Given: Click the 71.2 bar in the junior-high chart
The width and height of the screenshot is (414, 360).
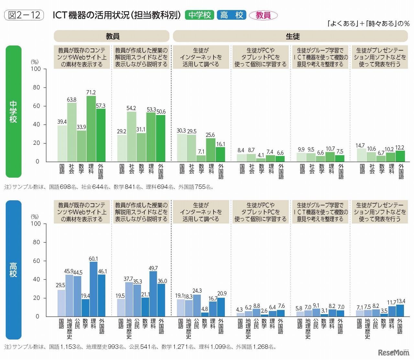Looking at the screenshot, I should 91,129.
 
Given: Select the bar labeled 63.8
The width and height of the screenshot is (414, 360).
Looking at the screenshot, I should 72,132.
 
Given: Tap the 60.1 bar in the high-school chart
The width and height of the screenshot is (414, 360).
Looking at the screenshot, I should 93,289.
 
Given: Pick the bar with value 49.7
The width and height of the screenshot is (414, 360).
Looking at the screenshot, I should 153,294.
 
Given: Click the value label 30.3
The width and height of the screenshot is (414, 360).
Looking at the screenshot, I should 181,131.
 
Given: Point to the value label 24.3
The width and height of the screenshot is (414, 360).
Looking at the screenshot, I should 197,291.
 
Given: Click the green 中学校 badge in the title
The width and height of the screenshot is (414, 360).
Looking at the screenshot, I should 200,15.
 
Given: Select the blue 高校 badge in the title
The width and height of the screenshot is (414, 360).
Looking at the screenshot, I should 232,15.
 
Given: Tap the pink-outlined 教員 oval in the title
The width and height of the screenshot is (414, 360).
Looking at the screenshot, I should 263,15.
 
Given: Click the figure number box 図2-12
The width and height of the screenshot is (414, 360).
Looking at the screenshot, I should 25,15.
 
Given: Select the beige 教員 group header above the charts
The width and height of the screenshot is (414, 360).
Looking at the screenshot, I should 112,36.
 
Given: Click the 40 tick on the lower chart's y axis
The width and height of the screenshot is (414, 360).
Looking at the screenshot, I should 36,279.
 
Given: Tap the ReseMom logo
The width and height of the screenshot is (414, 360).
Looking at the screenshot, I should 393,352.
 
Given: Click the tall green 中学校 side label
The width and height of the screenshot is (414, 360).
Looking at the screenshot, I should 14,111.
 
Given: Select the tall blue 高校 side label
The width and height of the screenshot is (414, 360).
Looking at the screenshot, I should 14,270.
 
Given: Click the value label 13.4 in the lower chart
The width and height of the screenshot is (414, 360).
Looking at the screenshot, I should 400,301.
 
